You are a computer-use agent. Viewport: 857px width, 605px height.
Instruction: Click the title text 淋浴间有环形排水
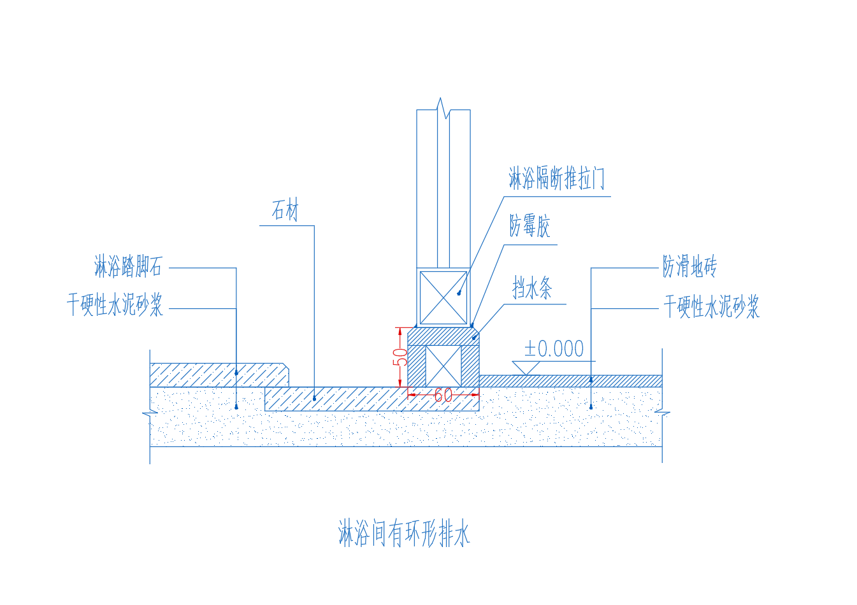tap(404, 534)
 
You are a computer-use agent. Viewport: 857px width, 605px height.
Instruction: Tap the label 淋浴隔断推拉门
tap(556, 179)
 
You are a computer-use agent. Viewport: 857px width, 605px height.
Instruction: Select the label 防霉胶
tap(529, 226)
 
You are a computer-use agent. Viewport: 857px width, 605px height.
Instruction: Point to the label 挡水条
tap(532, 288)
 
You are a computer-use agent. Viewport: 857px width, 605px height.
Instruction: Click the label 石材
tap(285, 210)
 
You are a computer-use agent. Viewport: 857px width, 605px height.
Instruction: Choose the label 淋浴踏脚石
tap(128, 266)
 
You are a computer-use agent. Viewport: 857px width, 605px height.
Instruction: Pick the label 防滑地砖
tap(689, 266)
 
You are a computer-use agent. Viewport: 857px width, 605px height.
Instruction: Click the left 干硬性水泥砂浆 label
tap(115, 306)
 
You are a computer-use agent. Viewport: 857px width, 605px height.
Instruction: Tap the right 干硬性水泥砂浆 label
tap(711, 307)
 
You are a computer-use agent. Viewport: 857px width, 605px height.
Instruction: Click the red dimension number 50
tap(400, 357)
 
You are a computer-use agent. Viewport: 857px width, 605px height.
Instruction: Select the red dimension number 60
tap(443, 395)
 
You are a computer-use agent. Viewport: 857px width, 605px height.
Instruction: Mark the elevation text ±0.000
tap(554, 349)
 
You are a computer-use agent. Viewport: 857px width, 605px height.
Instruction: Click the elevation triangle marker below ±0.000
tap(526, 367)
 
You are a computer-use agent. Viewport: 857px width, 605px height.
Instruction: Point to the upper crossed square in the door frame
tap(443, 298)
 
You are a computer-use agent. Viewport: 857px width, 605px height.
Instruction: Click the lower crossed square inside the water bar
tap(443, 366)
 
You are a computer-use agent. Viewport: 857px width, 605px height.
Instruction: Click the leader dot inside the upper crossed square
tap(459, 293)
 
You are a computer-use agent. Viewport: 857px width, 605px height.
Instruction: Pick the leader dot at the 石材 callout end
tap(314, 399)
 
